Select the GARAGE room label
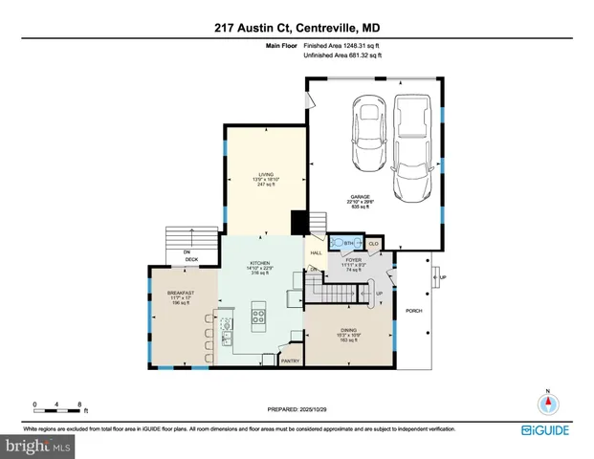pyautogui.click(x=360, y=197)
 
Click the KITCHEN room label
pyautogui.click(x=260, y=263)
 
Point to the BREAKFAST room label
pyautogui.click(x=181, y=293)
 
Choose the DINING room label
pyautogui.click(x=346, y=335)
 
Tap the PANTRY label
pyautogui.click(x=291, y=361)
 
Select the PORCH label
pyautogui.click(x=414, y=311)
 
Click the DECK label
pyautogui.click(x=189, y=258)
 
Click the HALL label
pyautogui.click(x=314, y=252)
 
